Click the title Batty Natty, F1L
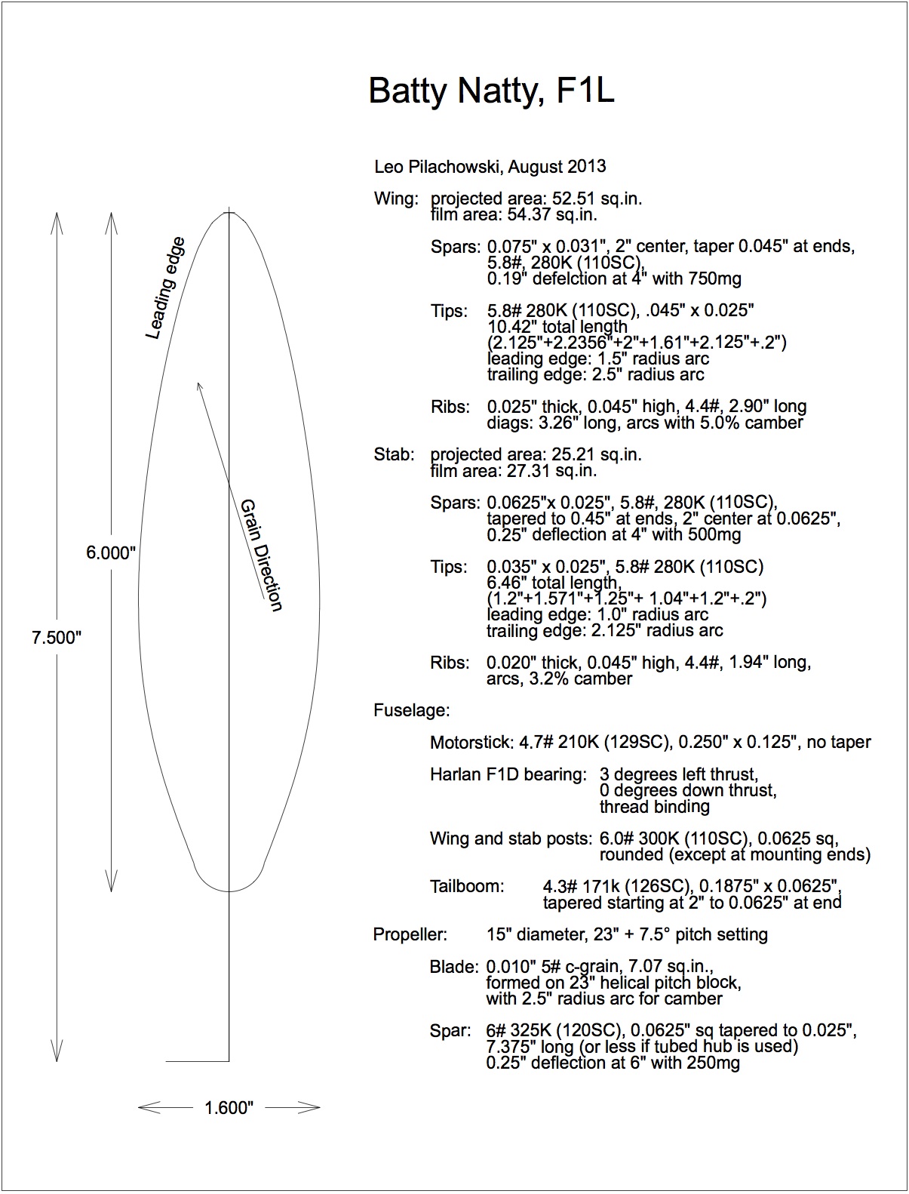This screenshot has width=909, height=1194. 491,91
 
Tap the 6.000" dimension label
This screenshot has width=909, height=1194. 111,552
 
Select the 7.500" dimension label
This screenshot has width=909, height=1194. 56,638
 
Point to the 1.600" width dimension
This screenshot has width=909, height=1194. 229,1108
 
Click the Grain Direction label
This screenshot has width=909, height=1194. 261,555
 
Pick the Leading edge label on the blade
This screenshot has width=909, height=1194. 165,288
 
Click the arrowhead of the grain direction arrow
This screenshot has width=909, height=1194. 198,385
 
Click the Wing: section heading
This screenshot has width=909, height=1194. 395,199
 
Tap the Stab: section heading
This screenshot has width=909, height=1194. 394,454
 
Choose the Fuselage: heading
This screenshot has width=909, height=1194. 411,710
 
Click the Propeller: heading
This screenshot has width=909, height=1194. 410,934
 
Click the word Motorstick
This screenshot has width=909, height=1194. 470,743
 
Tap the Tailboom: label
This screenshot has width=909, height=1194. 467,886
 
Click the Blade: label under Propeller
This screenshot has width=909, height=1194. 454,967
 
